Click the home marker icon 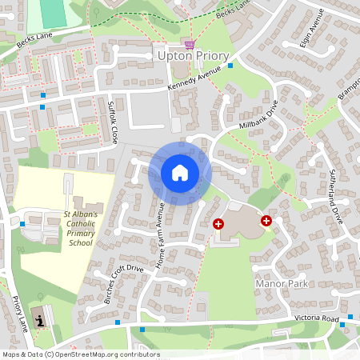pos(179,173)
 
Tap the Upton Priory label pos(193,57)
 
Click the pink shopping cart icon pos(190,44)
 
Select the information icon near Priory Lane pos(41,319)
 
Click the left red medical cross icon pos(218,225)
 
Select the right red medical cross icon pos(266,220)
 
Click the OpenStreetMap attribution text pos(80,354)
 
